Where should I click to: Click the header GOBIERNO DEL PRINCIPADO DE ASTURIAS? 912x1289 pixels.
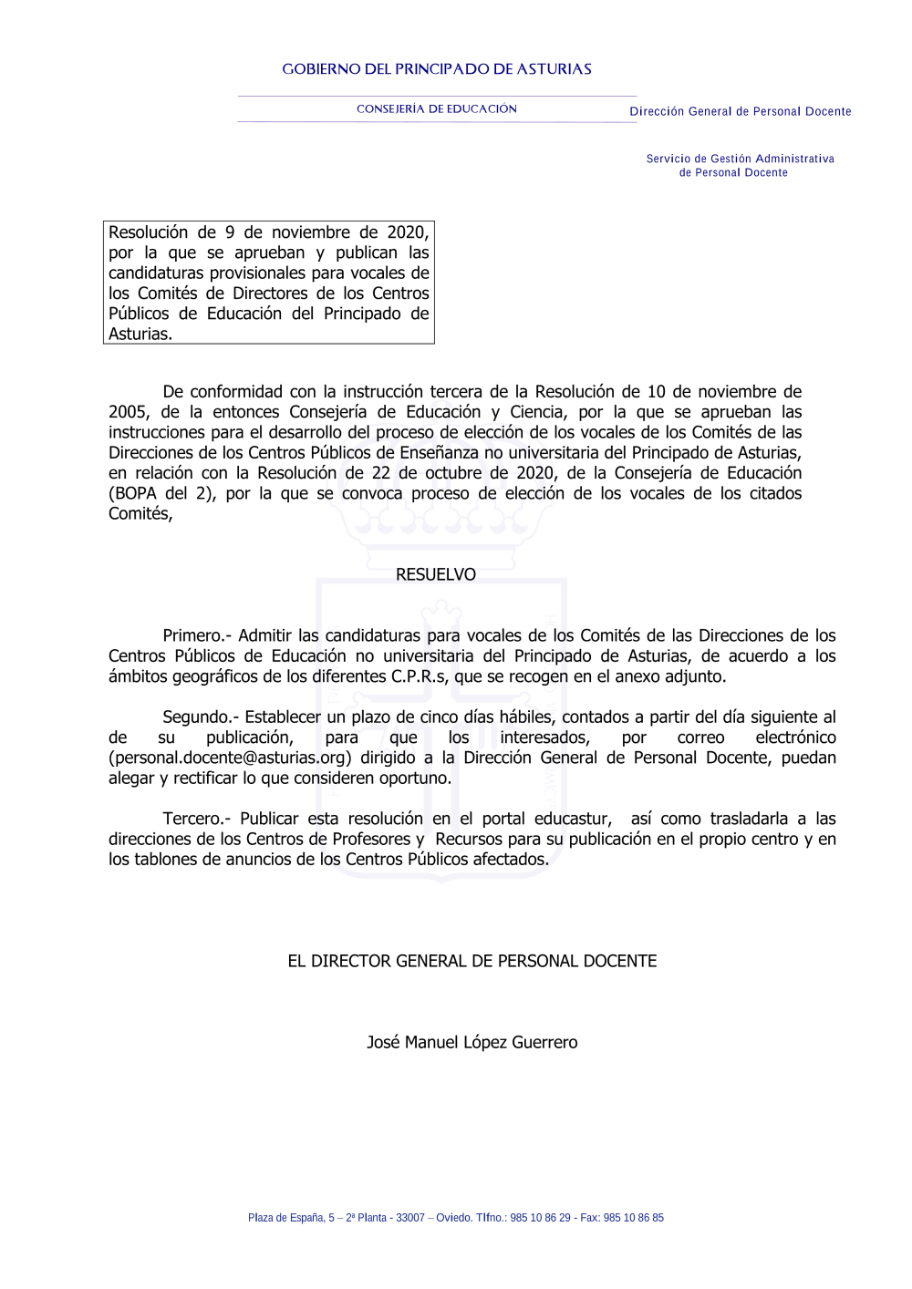pos(437,69)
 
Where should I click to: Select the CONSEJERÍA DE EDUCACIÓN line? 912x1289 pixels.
pos(437,109)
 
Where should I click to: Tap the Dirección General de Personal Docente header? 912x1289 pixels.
pos(740,111)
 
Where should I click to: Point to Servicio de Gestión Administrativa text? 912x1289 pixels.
pos(740,159)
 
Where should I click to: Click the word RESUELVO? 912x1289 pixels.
pos(436,574)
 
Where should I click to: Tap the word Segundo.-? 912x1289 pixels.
pos(201,717)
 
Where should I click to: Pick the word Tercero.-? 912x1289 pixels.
pos(197,819)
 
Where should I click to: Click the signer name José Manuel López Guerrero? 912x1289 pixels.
pos(472,1042)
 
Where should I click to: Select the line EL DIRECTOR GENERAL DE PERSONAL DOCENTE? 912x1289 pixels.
pos(472,961)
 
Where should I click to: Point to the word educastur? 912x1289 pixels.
pos(572,819)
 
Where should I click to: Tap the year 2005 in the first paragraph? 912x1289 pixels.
pos(129,412)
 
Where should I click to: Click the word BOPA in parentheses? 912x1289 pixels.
pos(135,493)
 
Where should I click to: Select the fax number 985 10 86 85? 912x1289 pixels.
pos(634,1218)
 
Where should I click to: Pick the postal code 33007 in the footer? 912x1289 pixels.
pos(410,1218)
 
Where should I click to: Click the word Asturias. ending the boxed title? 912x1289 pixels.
pos(140,334)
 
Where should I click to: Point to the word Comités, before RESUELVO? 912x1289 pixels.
pos(140,513)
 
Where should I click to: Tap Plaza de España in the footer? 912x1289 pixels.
pos(285,1218)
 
